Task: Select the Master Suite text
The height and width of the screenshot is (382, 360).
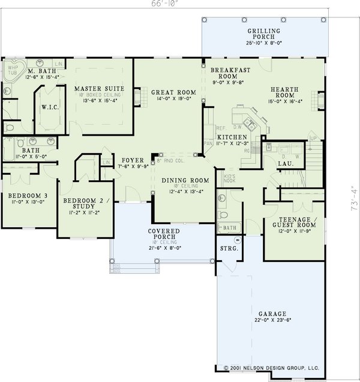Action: tap(99, 88)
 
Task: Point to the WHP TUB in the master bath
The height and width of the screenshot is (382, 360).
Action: tap(13, 71)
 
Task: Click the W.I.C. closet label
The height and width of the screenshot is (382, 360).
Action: tap(49, 109)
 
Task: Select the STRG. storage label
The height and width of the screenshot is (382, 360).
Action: tap(229, 247)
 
